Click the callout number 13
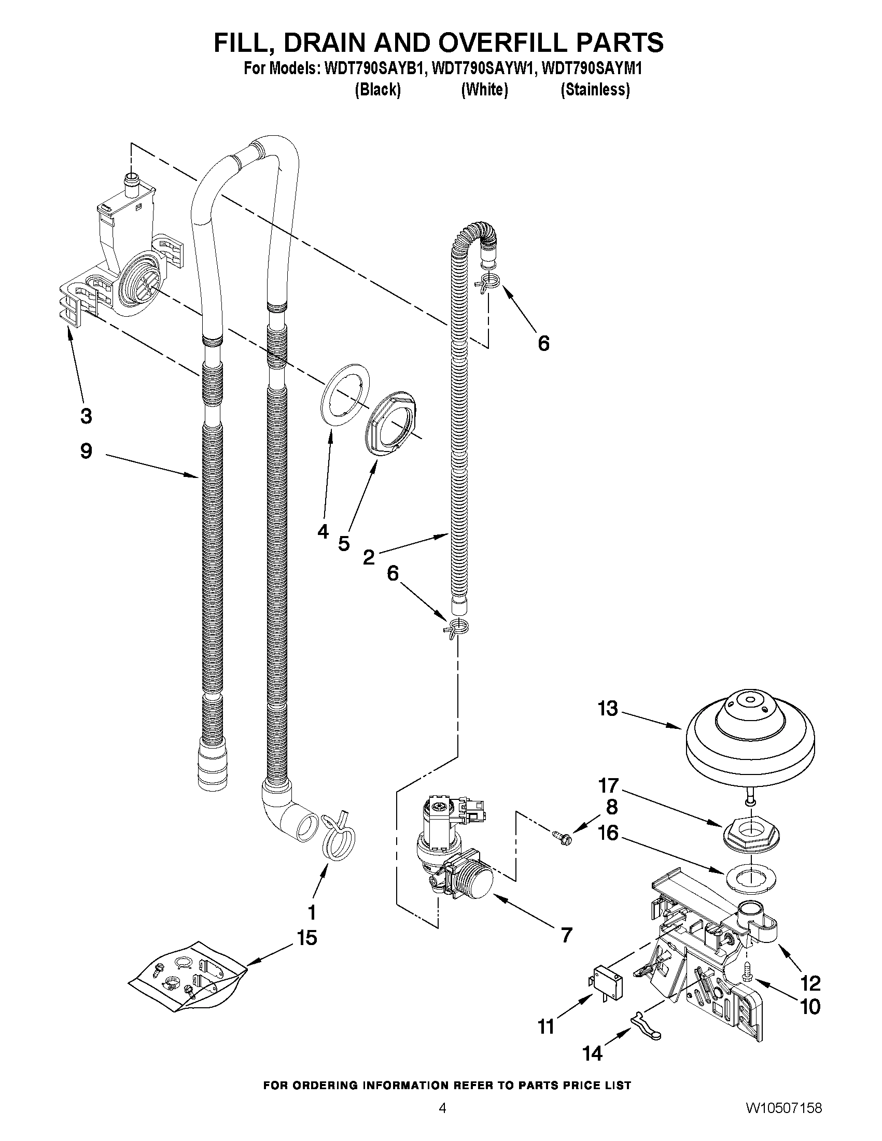(608, 709)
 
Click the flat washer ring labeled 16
(750, 878)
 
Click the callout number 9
(86, 451)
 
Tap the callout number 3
(86, 416)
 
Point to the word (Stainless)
(595, 90)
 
